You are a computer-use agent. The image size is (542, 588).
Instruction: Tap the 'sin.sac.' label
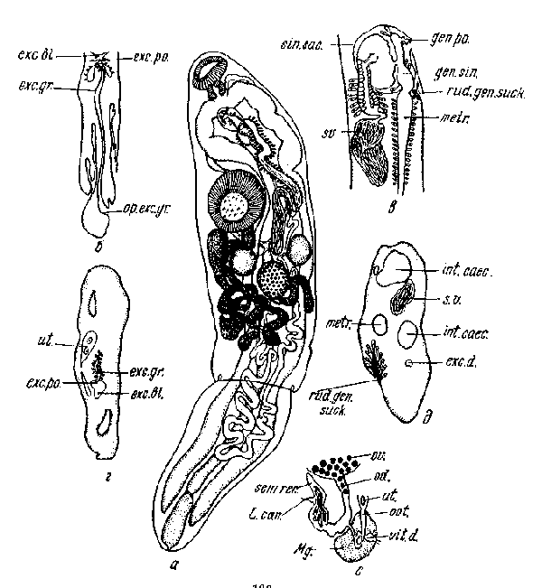[x=317, y=42]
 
